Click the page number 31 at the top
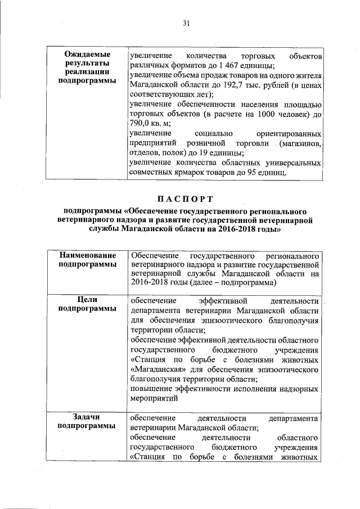(x=186, y=23)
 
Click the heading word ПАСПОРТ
(x=185, y=199)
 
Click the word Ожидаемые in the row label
(x=87, y=55)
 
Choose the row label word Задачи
(x=87, y=417)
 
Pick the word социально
(x=211, y=134)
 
